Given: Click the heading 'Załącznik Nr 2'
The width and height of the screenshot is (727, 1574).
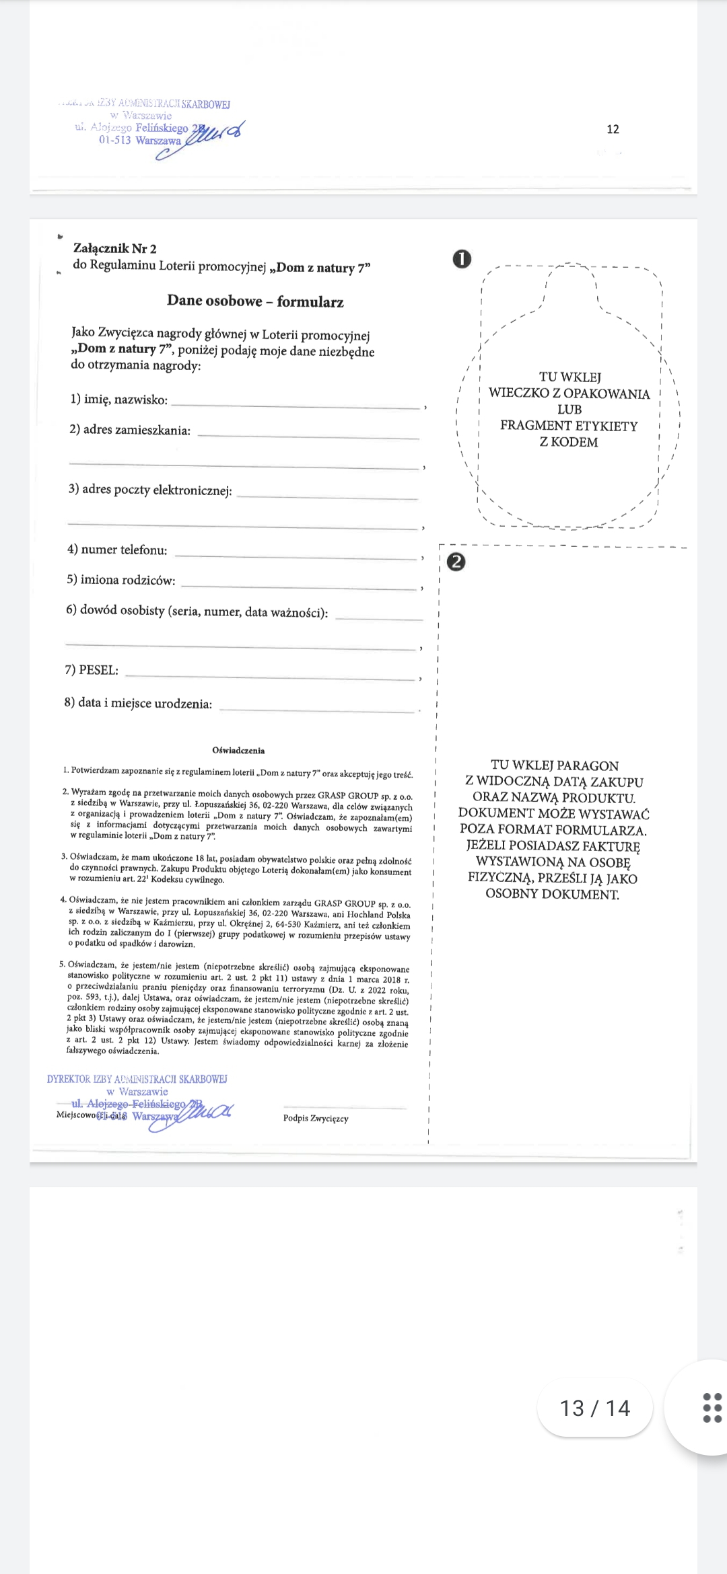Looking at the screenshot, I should (114, 249).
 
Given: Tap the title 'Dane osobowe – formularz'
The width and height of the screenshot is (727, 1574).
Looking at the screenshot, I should (255, 301).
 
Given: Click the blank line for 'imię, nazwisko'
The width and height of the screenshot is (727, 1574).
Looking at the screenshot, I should (296, 405).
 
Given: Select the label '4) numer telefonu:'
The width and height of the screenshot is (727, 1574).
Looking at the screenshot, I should (117, 550).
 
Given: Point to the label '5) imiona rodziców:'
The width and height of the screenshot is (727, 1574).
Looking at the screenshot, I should (121, 580).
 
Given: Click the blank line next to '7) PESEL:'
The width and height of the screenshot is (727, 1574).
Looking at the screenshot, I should (269, 677).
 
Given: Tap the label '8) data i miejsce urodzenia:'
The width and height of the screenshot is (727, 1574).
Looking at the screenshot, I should (138, 704).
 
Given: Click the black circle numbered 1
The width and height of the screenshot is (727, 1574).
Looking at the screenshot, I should (462, 259).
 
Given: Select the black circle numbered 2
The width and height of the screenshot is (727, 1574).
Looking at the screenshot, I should (456, 562).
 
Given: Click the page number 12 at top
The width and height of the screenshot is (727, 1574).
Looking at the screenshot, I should (613, 129).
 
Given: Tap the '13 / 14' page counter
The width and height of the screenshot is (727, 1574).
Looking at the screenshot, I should (595, 1408).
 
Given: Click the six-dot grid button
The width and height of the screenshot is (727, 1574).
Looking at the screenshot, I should (712, 1408).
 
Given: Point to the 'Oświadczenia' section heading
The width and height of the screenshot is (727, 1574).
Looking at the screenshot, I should (238, 751).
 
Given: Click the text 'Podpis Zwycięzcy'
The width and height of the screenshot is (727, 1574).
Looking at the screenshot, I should (316, 1119).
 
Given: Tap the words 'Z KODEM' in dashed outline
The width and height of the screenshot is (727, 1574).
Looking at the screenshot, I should (569, 443).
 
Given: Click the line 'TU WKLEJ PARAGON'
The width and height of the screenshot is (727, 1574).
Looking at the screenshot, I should (555, 765).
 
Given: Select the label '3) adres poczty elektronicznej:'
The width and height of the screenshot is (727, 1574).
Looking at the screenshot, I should (150, 490).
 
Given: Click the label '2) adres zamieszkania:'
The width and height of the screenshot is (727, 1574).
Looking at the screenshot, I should (130, 430).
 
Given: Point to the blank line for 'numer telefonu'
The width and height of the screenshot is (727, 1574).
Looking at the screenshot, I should (296, 557).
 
